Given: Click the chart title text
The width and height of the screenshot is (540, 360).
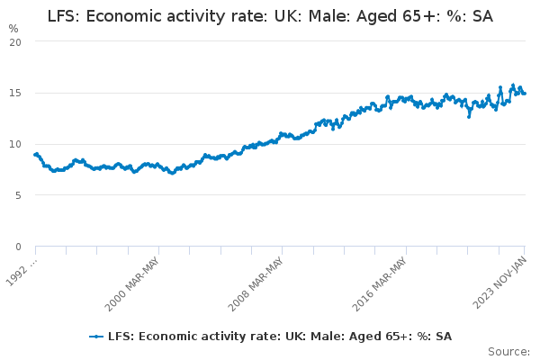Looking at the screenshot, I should point(270,16).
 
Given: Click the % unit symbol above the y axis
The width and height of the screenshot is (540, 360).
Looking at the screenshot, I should point(13,28).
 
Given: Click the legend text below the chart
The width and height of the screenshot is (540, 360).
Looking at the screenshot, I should point(279,337).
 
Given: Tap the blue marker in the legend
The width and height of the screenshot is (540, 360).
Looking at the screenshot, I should point(96,337).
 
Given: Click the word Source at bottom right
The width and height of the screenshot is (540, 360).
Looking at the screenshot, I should point(508,351).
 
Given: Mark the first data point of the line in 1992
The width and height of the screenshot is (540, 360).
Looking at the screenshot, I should point(35,155).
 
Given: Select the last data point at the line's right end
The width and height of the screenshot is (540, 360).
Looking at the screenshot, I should point(525,93).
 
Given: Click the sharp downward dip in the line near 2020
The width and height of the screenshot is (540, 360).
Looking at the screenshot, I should point(468,116).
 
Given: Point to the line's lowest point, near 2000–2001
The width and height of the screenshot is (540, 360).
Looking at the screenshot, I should point(172,173).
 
